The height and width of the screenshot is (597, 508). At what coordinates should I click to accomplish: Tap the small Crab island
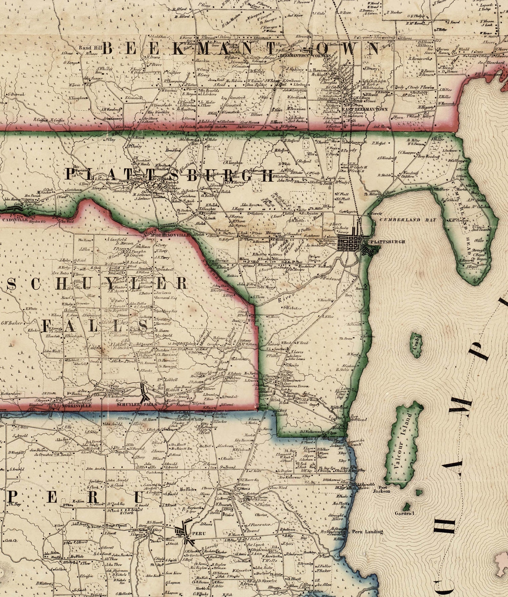(416, 345)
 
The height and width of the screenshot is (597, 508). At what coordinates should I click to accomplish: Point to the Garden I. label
(404, 513)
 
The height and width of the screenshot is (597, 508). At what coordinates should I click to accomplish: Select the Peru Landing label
(367, 532)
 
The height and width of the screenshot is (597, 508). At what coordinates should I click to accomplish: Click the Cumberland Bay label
(408, 220)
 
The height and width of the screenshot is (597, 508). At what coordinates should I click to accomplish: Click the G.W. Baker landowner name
(12, 323)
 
